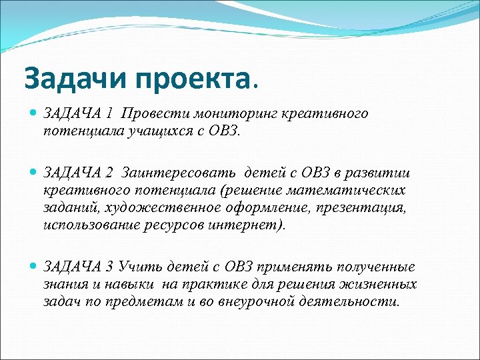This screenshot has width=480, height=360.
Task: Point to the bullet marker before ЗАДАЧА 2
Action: tap(33, 173)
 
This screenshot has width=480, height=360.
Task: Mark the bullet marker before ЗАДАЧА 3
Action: tap(33, 267)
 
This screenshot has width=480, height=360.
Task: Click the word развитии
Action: tap(381, 173)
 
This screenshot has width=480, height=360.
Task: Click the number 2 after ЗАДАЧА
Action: tap(109, 173)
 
